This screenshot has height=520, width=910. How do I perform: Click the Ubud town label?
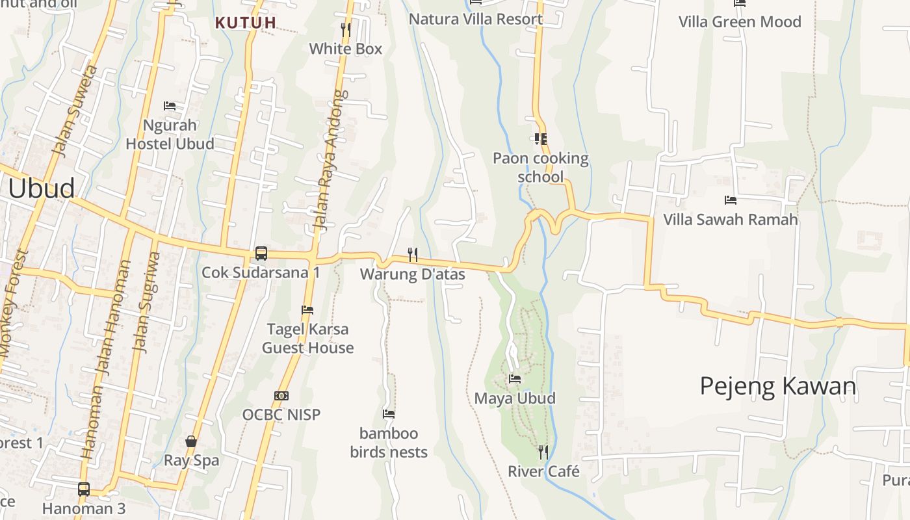coord(42,188)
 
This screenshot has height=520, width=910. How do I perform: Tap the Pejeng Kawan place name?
coord(778,386)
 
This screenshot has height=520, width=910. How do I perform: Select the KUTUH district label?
coord(246,23)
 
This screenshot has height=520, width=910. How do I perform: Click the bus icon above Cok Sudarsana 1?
coord(261,253)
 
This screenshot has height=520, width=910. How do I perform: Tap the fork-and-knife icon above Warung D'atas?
coord(412,254)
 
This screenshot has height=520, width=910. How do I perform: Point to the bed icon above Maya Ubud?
coord(515,378)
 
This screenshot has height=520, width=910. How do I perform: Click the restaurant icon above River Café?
coord(543,452)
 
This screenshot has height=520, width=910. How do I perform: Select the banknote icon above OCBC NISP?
coord(281,395)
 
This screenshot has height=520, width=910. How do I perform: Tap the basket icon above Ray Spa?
coord(191,441)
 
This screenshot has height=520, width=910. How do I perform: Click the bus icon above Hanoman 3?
coord(84,489)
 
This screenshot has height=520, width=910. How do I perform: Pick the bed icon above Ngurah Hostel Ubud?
coord(170,105)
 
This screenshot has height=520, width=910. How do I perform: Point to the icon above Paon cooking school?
coord(540,138)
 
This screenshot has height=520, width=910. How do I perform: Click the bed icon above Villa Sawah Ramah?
coord(730,200)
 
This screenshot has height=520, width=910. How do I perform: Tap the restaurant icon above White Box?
coord(346,29)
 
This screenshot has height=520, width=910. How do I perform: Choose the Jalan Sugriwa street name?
coord(146,303)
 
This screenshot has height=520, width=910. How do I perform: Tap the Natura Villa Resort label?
coord(476,19)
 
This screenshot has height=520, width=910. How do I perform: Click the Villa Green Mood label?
coord(740,21)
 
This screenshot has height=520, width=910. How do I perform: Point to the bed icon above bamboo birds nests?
coord(389,413)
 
